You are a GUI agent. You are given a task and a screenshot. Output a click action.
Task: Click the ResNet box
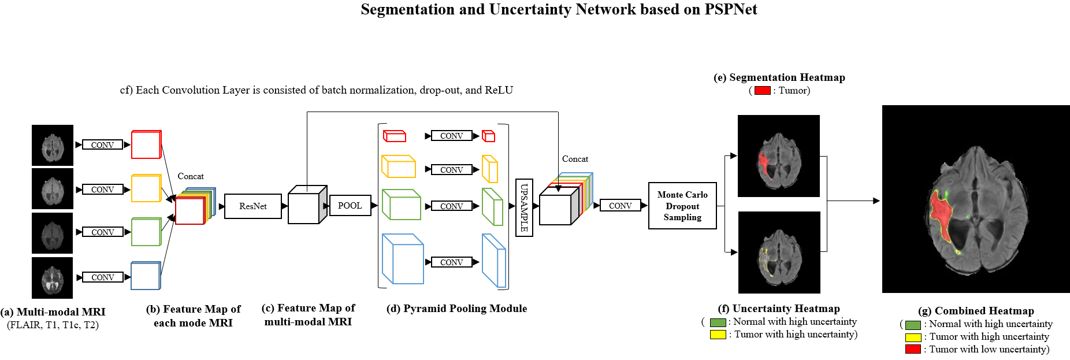(252, 206)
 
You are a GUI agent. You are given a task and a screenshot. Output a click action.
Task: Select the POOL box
(350, 206)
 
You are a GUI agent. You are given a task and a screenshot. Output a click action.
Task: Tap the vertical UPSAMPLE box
(524, 207)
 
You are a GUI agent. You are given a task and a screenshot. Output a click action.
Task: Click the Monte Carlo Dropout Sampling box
(682, 206)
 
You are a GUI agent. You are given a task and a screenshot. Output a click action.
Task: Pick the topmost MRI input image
(53, 145)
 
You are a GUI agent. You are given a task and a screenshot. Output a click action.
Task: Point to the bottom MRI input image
(53, 278)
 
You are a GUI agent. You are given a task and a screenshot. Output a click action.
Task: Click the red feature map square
(146, 144)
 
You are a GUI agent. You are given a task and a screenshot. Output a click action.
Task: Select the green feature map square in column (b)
(146, 232)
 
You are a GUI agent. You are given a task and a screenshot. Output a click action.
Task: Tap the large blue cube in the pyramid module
(403, 259)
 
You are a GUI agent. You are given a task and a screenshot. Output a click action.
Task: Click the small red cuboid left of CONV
(395, 136)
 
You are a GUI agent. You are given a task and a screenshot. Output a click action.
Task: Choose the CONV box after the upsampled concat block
(620, 206)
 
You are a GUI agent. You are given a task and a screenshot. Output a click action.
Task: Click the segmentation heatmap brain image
(778, 156)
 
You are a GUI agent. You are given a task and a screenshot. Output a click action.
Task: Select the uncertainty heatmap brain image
(779, 253)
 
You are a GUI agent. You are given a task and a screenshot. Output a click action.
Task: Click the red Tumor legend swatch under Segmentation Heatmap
(762, 91)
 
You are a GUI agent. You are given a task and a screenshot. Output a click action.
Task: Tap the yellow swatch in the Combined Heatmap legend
(913, 337)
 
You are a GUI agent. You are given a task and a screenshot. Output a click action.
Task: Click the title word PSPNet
(730, 10)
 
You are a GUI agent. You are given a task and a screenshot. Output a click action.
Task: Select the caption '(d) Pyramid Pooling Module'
(456, 309)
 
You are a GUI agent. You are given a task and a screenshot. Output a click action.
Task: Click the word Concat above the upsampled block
(575, 159)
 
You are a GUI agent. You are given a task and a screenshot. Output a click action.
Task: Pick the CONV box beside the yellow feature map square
(102, 190)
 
